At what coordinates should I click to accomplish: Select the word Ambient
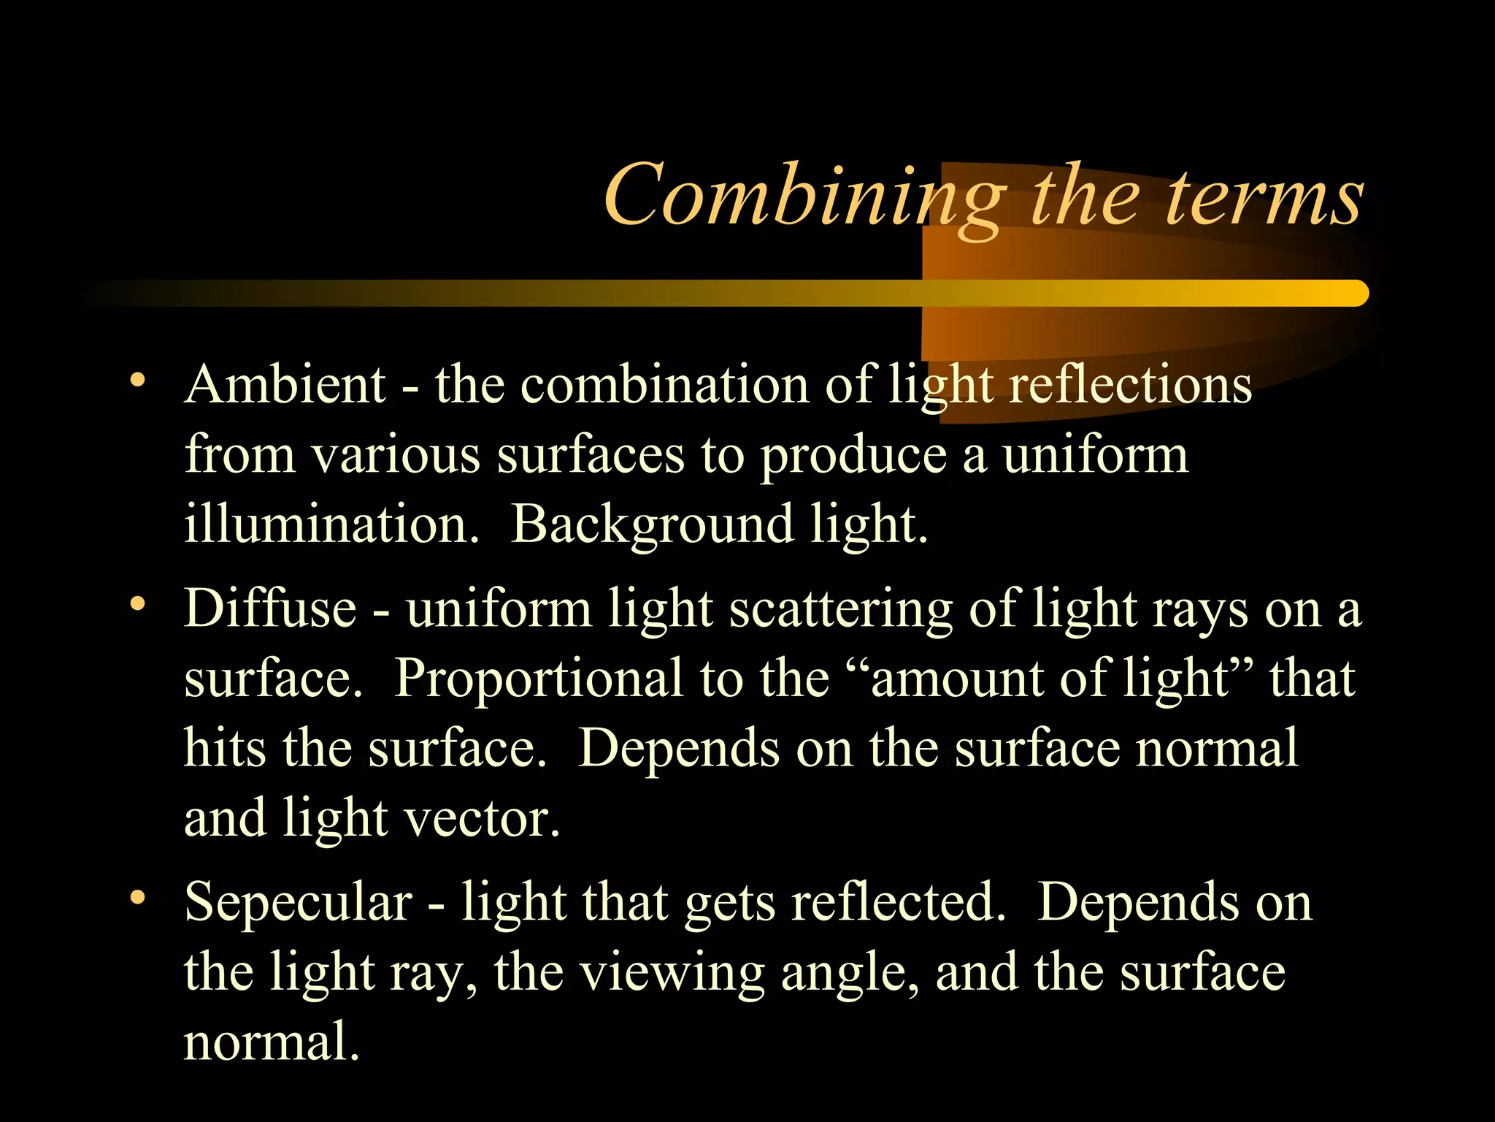click(285, 385)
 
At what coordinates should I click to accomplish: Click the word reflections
click(1131, 385)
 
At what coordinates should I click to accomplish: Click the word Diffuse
click(270, 608)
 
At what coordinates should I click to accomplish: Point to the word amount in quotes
click(957, 679)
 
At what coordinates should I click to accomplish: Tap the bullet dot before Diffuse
click(137, 603)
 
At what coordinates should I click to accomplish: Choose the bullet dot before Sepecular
click(137, 897)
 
